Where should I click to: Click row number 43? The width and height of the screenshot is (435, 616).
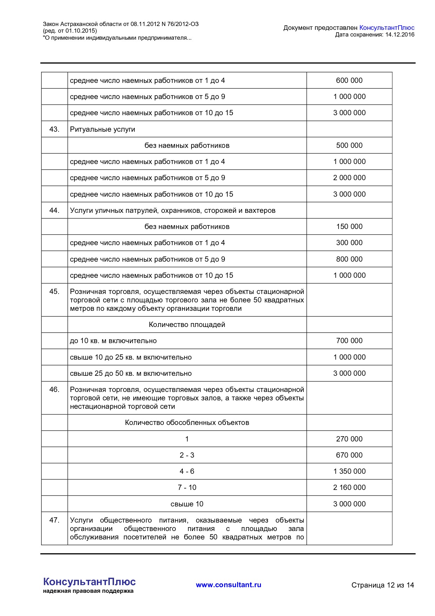tap(54, 129)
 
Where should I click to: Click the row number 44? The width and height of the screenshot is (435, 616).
tap(54, 210)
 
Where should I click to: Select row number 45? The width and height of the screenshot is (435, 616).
tap(54, 291)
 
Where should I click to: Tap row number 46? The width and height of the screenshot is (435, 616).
tap(54, 389)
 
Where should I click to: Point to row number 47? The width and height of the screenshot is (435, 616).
tap(54, 520)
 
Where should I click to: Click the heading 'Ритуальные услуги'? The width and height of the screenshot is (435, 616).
tap(102, 129)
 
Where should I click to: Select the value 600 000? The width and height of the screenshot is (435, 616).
tap(349, 80)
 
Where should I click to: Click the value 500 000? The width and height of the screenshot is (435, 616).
tap(349, 145)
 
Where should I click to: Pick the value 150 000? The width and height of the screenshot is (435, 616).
tap(349, 227)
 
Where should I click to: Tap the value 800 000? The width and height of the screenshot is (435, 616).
tap(349, 259)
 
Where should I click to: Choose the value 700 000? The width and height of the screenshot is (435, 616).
tap(349, 341)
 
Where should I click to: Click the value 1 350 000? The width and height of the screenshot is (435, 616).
tap(349, 471)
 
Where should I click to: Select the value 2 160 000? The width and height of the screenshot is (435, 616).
tap(349, 487)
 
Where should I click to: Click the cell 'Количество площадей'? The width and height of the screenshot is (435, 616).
tap(187, 325)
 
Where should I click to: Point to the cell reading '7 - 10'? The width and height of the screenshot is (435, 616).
tap(187, 487)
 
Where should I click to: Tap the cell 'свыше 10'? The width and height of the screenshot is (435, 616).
tap(187, 504)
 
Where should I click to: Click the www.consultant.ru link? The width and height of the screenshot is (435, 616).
tap(228, 585)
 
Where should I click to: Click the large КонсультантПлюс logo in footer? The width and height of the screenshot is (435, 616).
tap(89, 582)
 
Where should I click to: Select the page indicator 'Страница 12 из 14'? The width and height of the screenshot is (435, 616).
tap(382, 585)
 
